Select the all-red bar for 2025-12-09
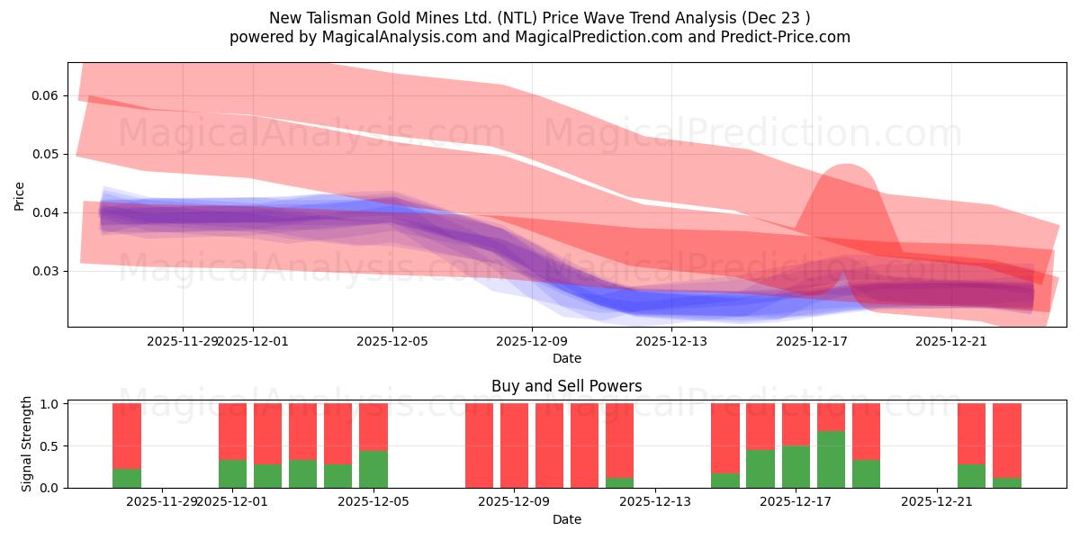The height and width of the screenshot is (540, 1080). (x=514, y=445)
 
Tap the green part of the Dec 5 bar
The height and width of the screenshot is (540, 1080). (x=373, y=469)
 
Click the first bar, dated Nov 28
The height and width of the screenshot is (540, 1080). (x=127, y=445)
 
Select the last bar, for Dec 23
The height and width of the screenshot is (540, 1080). (x=1006, y=445)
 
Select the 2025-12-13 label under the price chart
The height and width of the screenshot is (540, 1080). (x=671, y=341)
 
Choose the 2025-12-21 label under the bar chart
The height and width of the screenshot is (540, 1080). (x=937, y=501)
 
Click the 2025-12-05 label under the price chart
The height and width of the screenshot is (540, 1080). (x=392, y=341)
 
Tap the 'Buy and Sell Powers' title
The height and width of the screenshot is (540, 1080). (x=566, y=386)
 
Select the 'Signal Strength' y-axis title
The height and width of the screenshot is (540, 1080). (x=27, y=444)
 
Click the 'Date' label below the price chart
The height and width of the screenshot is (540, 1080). (x=566, y=358)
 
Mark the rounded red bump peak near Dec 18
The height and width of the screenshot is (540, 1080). (x=846, y=166)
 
